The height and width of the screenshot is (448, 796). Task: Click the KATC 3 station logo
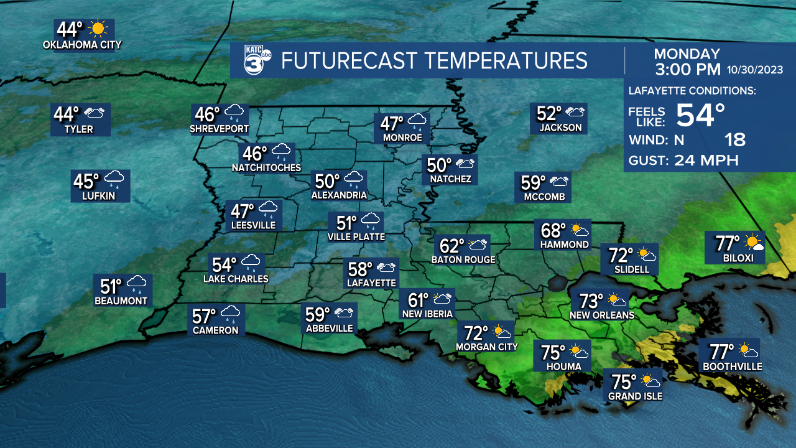point(254,60)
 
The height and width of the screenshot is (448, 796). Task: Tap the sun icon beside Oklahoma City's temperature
point(98,29)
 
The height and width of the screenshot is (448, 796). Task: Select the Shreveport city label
point(219,129)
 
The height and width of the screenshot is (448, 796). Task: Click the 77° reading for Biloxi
point(727,241)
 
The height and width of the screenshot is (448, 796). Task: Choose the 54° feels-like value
point(701,115)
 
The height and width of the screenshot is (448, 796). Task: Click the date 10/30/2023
point(756,69)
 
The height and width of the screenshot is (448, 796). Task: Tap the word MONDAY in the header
point(687,54)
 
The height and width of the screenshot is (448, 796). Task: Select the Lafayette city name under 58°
point(371,282)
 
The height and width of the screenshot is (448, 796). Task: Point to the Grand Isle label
point(635,396)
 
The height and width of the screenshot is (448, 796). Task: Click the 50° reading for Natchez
point(440,165)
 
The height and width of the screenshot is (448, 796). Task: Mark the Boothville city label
point(732,366)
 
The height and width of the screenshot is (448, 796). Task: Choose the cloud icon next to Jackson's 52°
point(574,113)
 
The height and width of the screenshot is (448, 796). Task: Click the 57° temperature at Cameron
point(204,316)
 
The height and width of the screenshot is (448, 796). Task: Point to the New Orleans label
point(601,315)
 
